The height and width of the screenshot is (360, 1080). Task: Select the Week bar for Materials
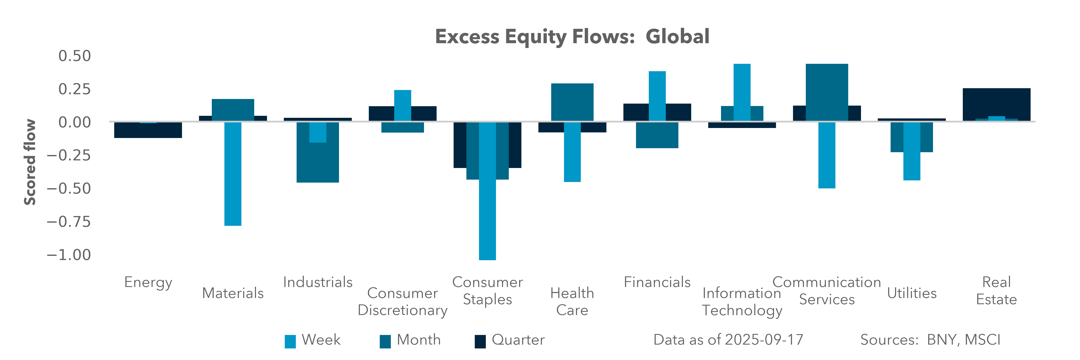[x=233, y=174]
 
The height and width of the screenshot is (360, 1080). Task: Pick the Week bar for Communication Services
[x=827, y=155]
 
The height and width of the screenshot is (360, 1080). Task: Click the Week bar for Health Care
[x=572, y=152]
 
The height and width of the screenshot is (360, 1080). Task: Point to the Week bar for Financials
[x=657, y=96]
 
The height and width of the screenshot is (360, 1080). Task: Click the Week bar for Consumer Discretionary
[x=402, y=106]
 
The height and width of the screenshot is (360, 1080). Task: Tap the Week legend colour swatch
[x=290, y=341]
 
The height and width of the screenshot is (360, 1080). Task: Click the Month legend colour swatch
[x=385, y=341]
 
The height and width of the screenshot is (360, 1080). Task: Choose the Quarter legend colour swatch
[x=480, y=341]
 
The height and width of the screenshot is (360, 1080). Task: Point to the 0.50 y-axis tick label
[x=75, y=56]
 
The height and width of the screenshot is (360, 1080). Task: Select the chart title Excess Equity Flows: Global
[x=572, y=36]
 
